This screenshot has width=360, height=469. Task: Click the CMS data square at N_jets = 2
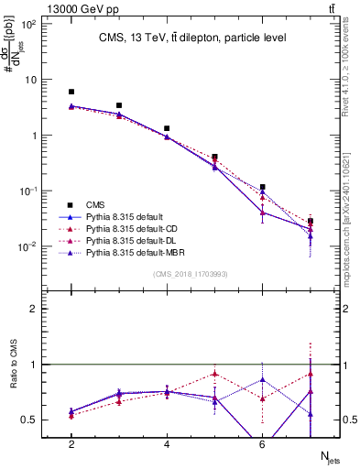point(71,92)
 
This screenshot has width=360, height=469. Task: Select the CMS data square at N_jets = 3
point(119,105)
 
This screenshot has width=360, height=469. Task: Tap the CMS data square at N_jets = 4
point(167,128)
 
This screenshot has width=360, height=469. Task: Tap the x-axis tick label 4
point(167,444)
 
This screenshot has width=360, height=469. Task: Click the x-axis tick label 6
point(262,444)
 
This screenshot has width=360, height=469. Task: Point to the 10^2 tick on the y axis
point(28,24)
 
